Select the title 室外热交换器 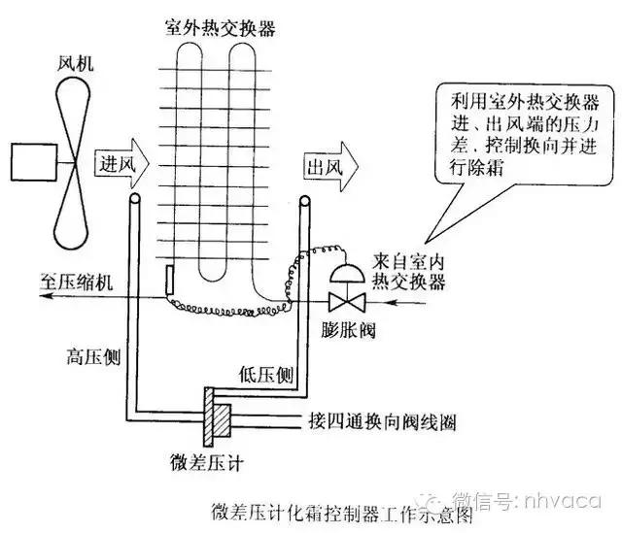click(220, 28)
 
